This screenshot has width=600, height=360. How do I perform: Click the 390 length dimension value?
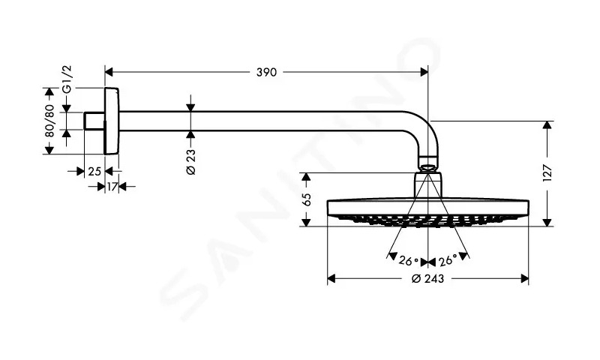pos(266,72)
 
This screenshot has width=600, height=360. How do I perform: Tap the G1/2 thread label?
pos(67,79)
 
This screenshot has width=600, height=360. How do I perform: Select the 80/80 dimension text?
pos(49,121)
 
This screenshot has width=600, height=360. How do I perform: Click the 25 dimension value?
pos(94,172)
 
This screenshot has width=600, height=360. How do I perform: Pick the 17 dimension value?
pos(112,187)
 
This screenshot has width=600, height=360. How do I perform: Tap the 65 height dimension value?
pos(307,199)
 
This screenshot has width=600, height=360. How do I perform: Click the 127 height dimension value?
pos(547,173)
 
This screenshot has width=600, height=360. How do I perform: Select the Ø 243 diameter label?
pos(427,278)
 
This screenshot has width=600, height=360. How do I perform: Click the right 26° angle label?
pos(447,260)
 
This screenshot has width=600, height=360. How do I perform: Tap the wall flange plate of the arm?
pos(111,121)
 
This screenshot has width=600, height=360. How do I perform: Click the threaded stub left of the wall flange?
pos(94,121)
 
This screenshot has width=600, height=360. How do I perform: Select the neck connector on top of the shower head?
pos(428,185)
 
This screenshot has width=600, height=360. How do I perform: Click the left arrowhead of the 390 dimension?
pos(109,72)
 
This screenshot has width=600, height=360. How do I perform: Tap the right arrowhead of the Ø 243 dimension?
pos(524,278)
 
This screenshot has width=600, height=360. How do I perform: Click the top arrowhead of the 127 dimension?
pos(547,125)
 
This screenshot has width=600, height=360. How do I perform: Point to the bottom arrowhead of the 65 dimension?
pos(306,222)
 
